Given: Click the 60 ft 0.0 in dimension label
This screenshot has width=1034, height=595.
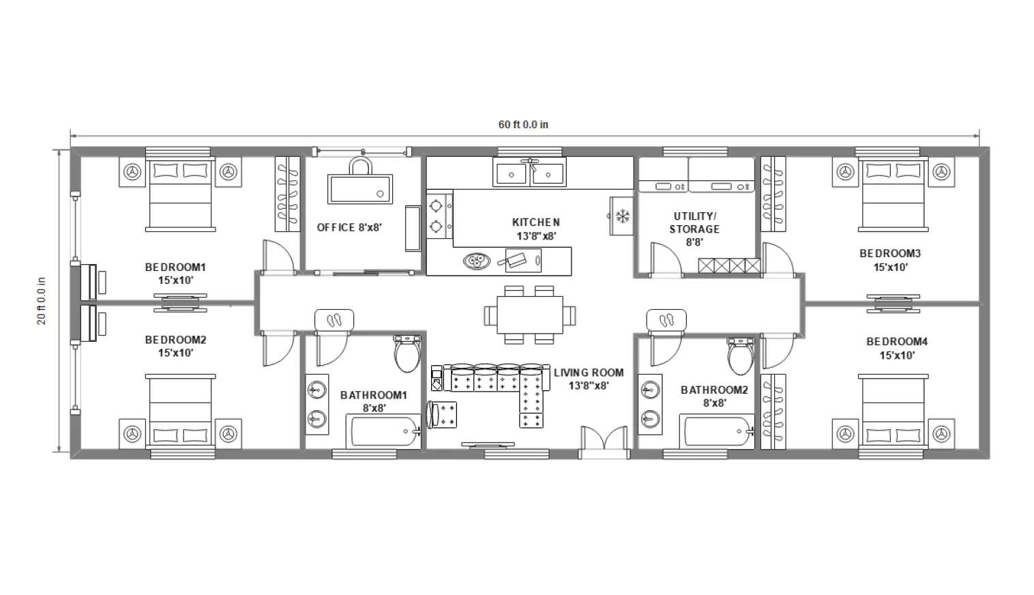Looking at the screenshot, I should click(523, 125).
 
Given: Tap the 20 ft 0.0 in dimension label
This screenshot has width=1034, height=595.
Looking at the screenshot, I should click(42, 300).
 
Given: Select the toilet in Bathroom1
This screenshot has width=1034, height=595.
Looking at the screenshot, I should click(407, 353).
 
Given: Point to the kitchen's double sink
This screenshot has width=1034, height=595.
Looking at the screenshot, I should click(530, 173).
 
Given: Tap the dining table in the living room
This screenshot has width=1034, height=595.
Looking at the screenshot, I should click(530, 315).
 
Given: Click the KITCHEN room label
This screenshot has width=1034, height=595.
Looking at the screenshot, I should click(536, 222).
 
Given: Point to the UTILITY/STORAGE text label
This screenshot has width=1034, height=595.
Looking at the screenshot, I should click(694, 222).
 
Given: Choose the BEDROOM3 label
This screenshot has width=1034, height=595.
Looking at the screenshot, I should click(889, 254).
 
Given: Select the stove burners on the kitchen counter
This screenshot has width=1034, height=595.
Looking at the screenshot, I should click(437, 215).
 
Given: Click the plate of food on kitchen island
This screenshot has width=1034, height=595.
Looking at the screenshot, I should click(475, 260).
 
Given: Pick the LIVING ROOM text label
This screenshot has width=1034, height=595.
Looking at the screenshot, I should click(588, 373).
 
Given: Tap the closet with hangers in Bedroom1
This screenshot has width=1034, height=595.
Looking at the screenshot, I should click(287, 194).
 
